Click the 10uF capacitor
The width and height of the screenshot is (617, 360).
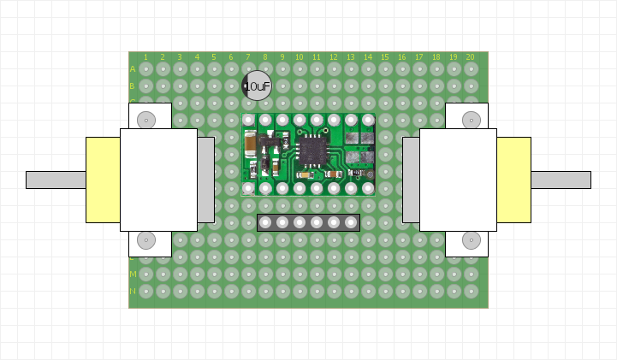tap(256, 86)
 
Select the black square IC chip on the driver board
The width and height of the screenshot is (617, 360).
tap(312, 150)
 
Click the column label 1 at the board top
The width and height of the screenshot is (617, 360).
tap(145, 57)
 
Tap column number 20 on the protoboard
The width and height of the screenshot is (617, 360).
tap(470, 57)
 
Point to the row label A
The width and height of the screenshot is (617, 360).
tap(133, 68)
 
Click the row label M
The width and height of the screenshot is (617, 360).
tap(133, 274)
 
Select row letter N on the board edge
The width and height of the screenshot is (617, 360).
tap(133, 291)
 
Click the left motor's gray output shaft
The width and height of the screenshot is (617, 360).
tap(56, 180)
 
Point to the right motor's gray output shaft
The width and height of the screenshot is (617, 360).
tap(561, 180)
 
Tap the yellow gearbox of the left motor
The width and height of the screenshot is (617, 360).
tap(103, 180)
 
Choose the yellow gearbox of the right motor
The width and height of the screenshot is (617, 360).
tap(513, 180)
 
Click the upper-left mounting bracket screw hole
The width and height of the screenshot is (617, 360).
tap(146, 120)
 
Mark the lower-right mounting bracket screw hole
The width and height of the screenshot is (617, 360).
tap(471, 240)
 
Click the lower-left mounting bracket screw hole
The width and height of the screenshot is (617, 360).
tap(146, 240)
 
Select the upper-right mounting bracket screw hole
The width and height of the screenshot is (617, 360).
tap(471, 120)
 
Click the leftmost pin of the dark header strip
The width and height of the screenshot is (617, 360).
tap(265, 222)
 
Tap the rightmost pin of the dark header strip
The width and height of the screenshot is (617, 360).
tap(351, 222)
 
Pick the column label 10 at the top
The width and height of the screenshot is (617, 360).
tap(299, 57)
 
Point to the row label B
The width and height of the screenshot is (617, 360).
tap(133, 86)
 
